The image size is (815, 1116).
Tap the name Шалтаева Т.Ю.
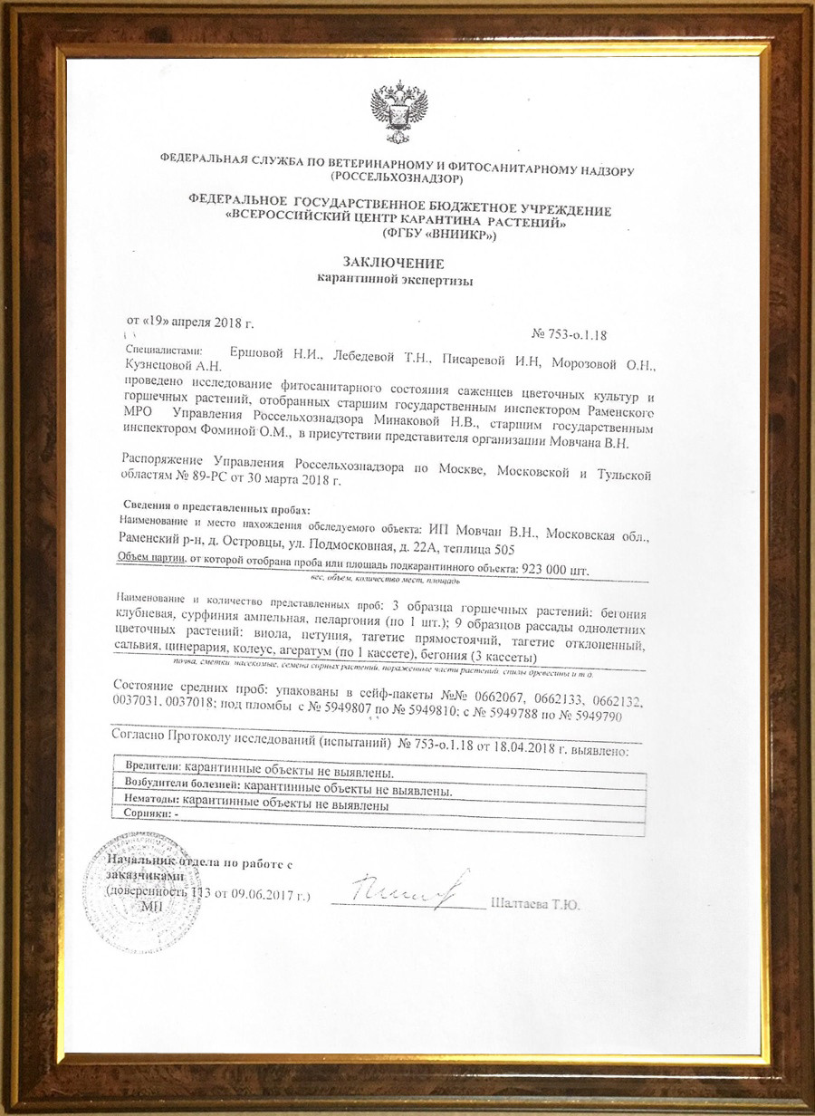click(534, 904)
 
